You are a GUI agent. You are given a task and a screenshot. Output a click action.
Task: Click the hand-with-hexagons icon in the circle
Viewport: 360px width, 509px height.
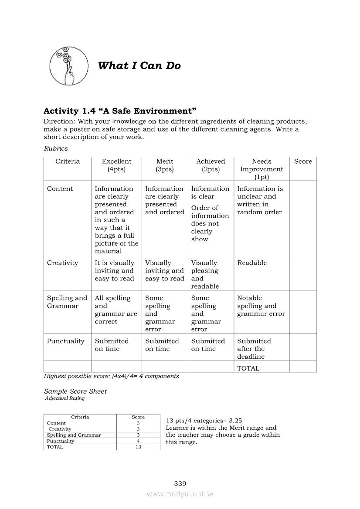point(66,66)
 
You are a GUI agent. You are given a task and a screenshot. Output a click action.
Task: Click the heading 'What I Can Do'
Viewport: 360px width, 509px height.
point(139,66)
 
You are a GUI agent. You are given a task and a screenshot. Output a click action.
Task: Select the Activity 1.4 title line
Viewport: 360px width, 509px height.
point(120,111)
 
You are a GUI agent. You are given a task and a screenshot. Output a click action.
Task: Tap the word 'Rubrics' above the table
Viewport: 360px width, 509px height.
point(56,148)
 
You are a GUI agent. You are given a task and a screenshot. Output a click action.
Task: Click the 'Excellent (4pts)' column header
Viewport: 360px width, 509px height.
point(116,165)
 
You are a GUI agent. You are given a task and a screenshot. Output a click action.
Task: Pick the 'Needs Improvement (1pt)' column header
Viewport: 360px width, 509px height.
point(262,169)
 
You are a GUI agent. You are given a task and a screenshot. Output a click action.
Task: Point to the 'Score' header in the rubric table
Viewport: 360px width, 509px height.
point(303,162)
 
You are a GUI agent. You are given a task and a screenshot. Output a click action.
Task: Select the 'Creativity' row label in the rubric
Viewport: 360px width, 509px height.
point(62,263)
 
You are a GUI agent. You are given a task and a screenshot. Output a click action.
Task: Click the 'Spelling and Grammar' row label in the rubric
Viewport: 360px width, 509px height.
point(67,302)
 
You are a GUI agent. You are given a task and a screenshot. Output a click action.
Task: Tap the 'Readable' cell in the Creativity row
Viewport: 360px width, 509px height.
point(252,263)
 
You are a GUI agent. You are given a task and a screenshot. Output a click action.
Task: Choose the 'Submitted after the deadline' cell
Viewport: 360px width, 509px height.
point(254,349)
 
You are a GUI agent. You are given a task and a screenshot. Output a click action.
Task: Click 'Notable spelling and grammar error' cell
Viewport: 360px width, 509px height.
point(261,306)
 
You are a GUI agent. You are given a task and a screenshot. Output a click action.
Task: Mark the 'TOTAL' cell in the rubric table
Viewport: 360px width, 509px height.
point(248,368)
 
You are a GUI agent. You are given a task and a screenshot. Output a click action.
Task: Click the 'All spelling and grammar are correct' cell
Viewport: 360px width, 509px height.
point(116,310)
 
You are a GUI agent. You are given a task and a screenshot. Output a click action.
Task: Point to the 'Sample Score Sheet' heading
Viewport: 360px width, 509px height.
point(75,391)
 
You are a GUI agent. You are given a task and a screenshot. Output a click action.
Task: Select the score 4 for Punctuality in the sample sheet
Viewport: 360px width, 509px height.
point(138,441)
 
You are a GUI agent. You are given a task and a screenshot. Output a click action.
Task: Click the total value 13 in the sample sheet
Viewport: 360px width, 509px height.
point(138,447)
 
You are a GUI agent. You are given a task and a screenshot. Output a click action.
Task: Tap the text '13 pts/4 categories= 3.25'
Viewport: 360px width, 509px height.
point(204,421)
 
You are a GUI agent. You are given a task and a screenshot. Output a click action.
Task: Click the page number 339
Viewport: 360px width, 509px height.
point(180,483)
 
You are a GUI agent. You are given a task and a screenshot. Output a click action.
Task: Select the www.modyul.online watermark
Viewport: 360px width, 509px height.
point(180,494)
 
